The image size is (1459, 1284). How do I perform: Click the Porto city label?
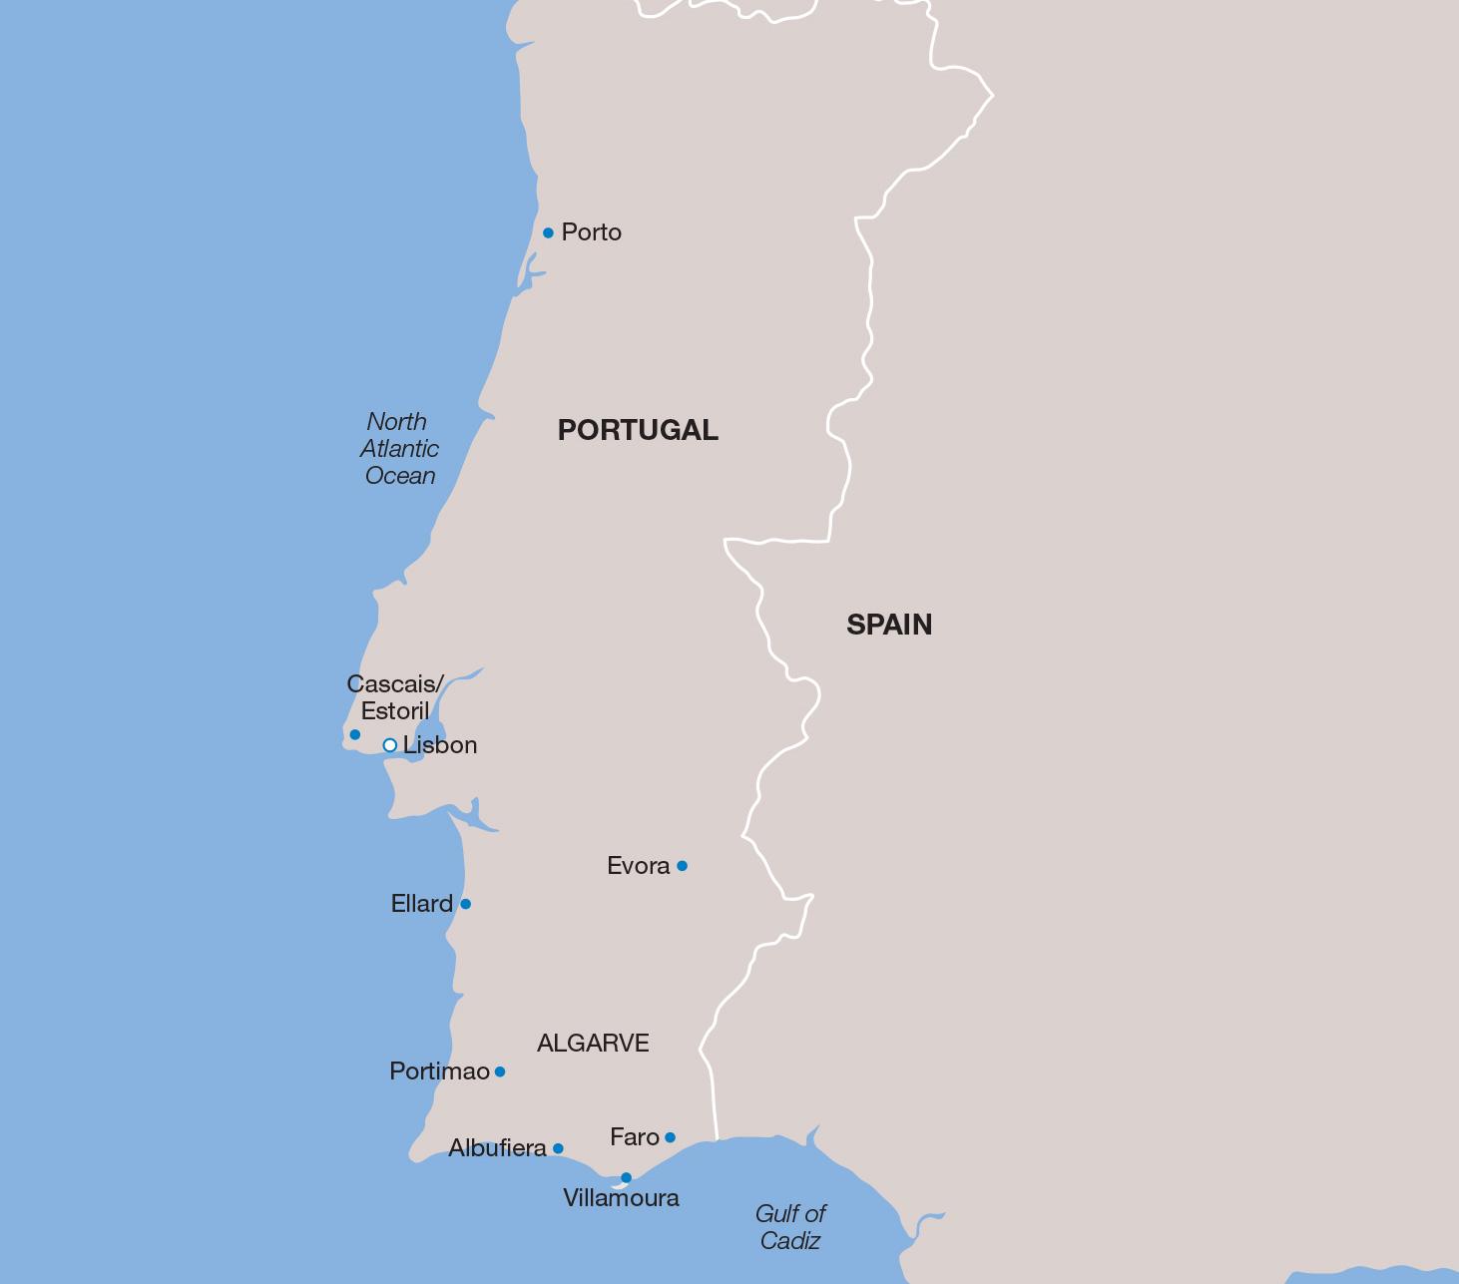pos(591,232)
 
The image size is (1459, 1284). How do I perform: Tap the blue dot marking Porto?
pos(548,233)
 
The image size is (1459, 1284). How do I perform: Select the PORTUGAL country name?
pos(638,430)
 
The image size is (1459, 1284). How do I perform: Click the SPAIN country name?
pos(889,625)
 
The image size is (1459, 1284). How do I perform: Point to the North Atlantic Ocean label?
pos(399,449)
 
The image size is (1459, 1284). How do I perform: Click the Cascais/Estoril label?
pos(395,697)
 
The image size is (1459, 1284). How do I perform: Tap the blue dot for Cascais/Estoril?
pos(354,735)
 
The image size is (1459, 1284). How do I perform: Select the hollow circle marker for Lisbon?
pos(390,745)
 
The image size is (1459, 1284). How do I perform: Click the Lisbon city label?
pos(440,745)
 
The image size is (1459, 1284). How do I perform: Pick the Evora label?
pos(638,866)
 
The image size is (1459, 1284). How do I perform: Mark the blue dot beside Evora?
pos(682,866)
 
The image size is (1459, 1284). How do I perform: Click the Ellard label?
pos(421,904)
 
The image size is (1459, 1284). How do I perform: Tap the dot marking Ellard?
pos(465,904)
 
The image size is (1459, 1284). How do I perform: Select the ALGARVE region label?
pos(593,1044)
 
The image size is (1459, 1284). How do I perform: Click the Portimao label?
pos(439,1071)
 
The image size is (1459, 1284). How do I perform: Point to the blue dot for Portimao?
pos(500,1071)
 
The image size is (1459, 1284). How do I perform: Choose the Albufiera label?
pos(497,1148)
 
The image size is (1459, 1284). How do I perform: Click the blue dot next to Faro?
pos(670,1137)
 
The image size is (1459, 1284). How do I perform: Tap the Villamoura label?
pos(621,1198)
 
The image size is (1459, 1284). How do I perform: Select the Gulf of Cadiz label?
pos(789,1227)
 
